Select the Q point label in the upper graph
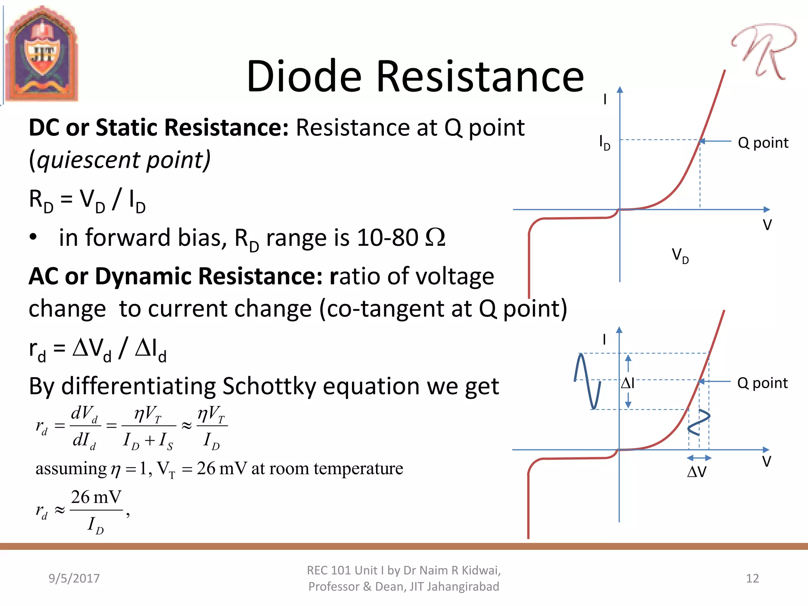pos(763,143)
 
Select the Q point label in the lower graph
pos(762,383)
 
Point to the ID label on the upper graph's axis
pos(604,142)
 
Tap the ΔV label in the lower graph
pos(696,472)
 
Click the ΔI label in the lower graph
pos(627,383)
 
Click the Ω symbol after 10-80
pos(435,238)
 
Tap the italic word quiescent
pos(88,160)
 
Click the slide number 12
pos(752,578)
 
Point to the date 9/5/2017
pos(74,578)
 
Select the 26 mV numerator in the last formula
pos(96,497)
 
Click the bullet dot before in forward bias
pos(34,237)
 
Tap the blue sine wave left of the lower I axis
pos(587,381)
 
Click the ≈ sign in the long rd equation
pos(186,426)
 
